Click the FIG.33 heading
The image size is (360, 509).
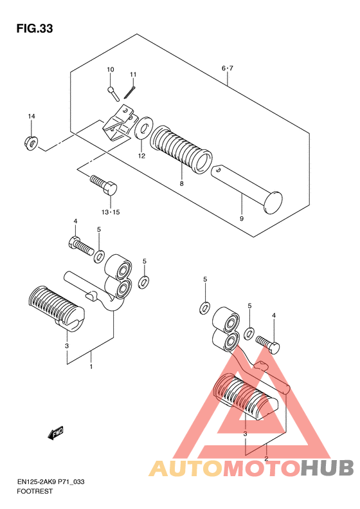click(x=35, y=28)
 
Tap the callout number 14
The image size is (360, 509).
click(x=32, y=116)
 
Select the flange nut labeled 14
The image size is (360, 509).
click(x=31, y=143)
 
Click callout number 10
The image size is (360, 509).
click(x=111, y=69)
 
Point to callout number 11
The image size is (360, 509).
click(x=133, y=75)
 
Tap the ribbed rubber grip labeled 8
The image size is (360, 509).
click(x=181, y=149)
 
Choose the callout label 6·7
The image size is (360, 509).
click(x=228, y=68)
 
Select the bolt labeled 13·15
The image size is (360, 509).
click(x=104, y=185)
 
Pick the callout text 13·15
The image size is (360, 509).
click(x=111, y=212)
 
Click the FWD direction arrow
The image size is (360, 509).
click(x=55, y=432)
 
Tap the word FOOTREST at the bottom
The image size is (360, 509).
click(x=34, y=491)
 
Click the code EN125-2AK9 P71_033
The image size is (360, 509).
click(x=51, y=482)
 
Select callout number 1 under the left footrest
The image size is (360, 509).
click(x=91, y=367)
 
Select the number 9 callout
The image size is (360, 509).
click(x=241, y=219)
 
